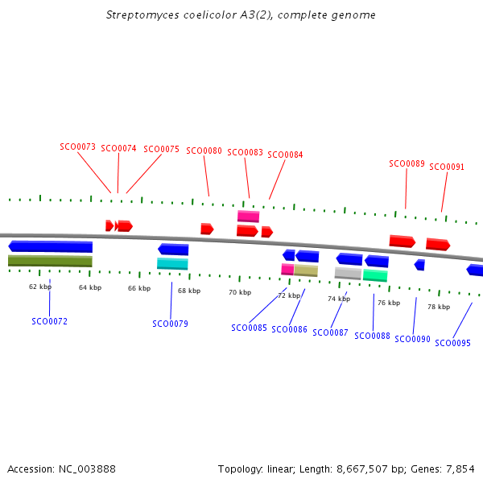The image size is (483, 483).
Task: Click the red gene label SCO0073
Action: pyautogui.click(x=77, y=147)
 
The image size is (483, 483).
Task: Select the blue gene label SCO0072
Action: pyautogui.click(x=50, y=321)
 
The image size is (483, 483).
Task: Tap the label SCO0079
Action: pyautogui.click(x=170, y=324)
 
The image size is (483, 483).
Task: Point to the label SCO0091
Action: pyautogui.click(x=447, y=167)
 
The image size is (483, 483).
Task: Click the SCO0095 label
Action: pyautogui.click(x=452, y=343)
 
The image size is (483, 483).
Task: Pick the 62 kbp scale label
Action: pyautogui.click(x=40, y=287)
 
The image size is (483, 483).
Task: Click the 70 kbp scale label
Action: pyautogui.click(x=240, y=292)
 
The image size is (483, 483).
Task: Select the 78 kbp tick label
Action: pyautogui.click(x=439, y=307)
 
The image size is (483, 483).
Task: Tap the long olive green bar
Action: pyautogui.click(x=50, y=261)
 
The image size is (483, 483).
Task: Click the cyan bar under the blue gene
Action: pyautogui.click(x=172, y=263)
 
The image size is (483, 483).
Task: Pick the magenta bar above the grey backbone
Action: pyautogui.click(x=248, y=216)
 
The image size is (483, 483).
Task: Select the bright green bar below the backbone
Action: pyautogui.click(x=375, y=275)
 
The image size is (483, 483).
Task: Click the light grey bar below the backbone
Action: pyautogui.click(x=348, y=273)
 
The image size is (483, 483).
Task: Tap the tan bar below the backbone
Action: pyautogui.click(x=306, y=270)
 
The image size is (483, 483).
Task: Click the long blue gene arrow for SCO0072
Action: pyautogui.click(x=50, y=246)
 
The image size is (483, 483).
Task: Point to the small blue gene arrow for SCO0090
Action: pyautogui.click(x=419, y=265)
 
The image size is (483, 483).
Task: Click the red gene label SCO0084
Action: pyautogui.click(x=285, y=155)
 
